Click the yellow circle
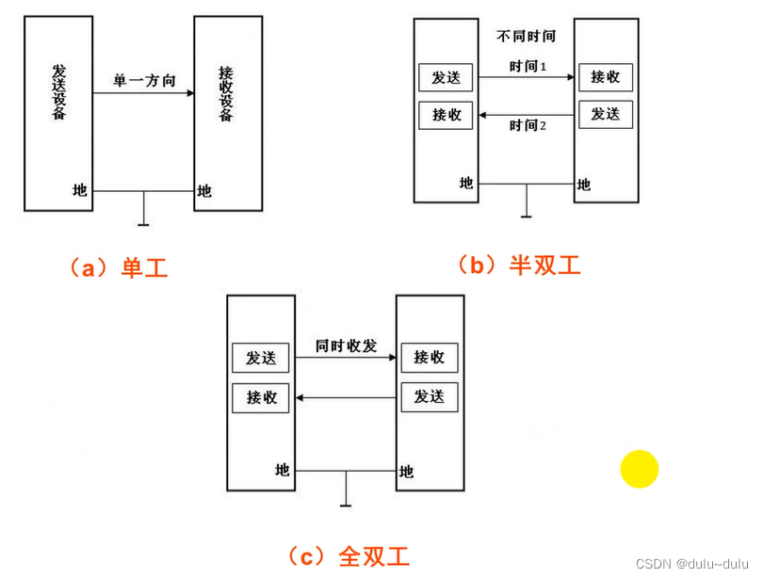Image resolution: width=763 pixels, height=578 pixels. pyautogui.click(x=640, y=469)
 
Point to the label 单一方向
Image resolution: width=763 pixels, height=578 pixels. pyautogui.click(x=145, y=80)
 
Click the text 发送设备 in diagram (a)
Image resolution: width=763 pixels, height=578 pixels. pyautogui.click(x=58, y=94)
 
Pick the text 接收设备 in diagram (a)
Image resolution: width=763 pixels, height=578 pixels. pyautogui.click(x=226, y=94)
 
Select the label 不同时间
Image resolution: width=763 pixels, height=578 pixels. pyautogui.click(x=526, y=37)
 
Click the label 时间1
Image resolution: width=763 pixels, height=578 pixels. pyautogui.click(x=528, y=66)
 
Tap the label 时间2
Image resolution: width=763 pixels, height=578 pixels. pyautogui.click(x=528, y=125)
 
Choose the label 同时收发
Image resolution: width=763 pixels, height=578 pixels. pyautogui.click(x=346, y=345)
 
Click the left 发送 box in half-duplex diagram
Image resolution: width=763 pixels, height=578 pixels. pyautogui.click(x=446, y=78)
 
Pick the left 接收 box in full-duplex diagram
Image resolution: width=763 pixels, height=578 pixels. pyautogui.click(x=261, y=397)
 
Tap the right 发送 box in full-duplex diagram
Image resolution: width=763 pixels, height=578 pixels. pyautogui.click(x=429, y=396)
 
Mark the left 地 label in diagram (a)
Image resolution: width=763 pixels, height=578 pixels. pyautogui.click(x=80, y=190)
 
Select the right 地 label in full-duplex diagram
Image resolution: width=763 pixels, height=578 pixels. pyautogui.click(x=407, y=472)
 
